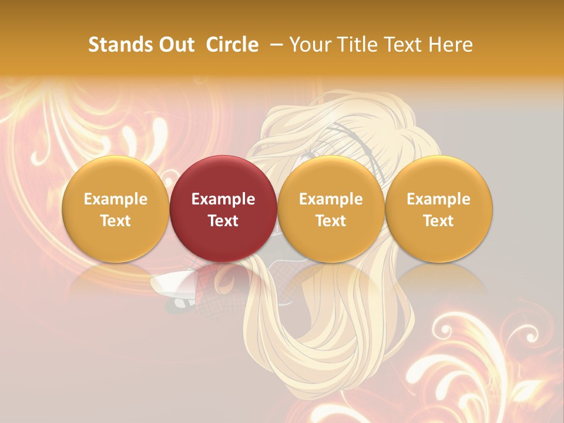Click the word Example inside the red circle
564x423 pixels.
223,199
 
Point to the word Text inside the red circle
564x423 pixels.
223,221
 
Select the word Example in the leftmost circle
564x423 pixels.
115,199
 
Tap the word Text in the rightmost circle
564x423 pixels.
438,221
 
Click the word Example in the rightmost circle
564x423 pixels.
438,199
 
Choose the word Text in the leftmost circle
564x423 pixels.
115,221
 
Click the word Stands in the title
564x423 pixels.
120,45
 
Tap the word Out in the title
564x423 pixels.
176,45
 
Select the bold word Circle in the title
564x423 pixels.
232,45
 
